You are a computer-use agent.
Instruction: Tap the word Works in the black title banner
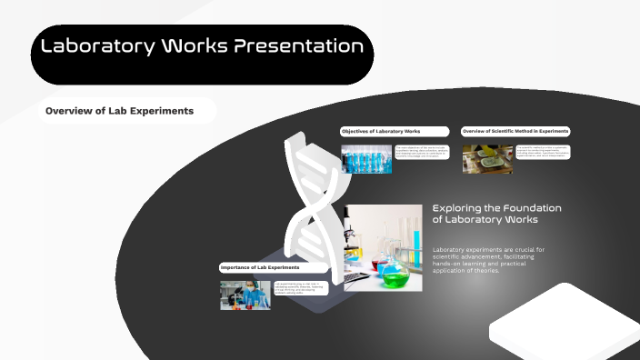pyautogui.click(x=195, y=45)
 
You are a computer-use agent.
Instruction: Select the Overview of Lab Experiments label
pyautogui.click(x=120, y=111)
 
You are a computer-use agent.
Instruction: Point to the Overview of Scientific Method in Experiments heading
pyautogui.click(x=515, y=132)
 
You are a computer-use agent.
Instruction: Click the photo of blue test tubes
pyautogui.click(x=366, y=158)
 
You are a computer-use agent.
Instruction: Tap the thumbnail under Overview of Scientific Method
pyautogui.click(x=487, y=158)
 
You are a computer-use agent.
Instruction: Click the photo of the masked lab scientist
pyautogui.click(x=245, y=295)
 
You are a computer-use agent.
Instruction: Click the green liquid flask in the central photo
pyautogui.click(x=394, y=272)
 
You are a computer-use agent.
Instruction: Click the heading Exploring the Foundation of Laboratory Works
pyautogui.click(x=497, y=214)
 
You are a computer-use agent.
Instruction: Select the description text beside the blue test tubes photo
pyautogui.click(x=422, y=154)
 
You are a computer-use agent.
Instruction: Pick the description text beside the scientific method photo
pyautogui.click(x=543, y=152)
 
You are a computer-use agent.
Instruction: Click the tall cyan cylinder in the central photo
pyautogui.click(x=416, y=245)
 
